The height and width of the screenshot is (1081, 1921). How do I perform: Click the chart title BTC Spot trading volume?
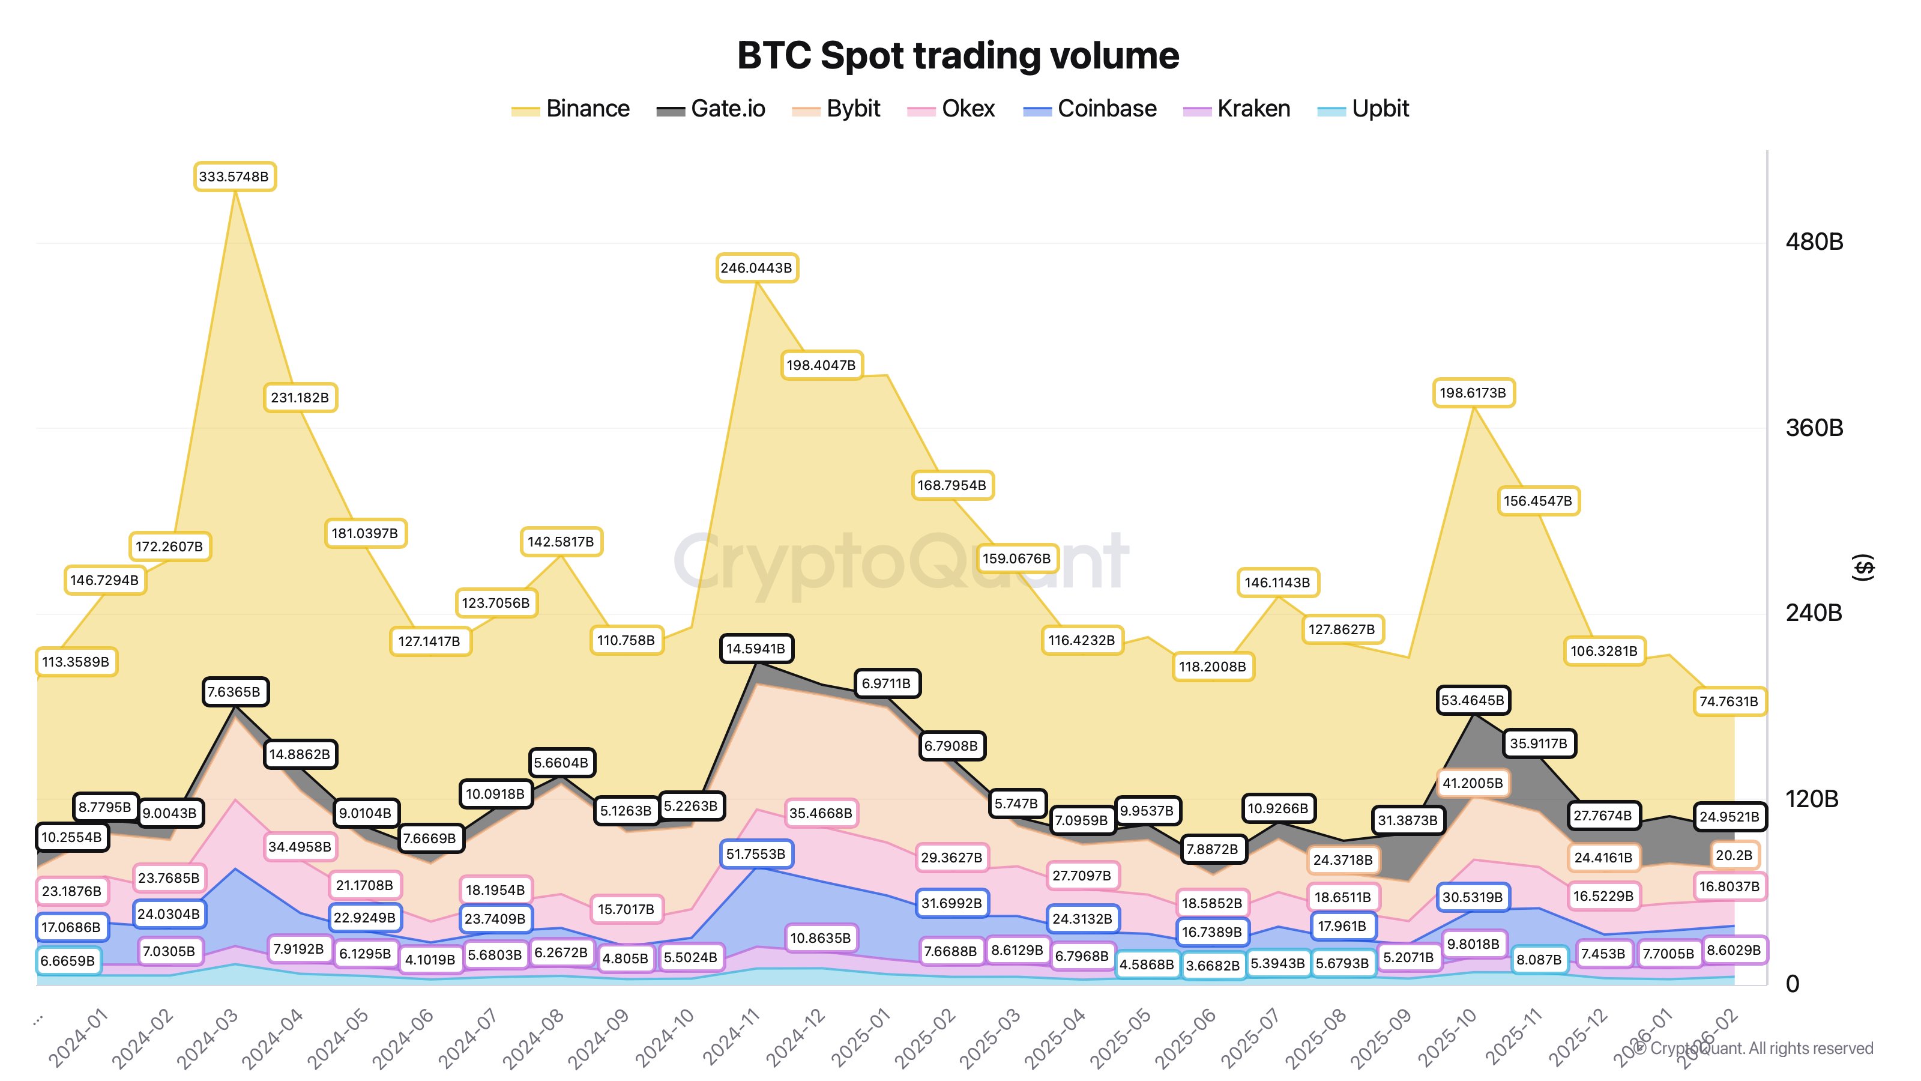pyautogui.click(x=957, y=56)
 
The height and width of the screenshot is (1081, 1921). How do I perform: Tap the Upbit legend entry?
pyautogui.click(x=1363, y=109)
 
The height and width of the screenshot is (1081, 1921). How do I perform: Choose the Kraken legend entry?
pyautogui.click(x=1237, y=109)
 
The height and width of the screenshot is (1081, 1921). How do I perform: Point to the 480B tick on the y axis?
pyautogui.click(x=1814, y=241)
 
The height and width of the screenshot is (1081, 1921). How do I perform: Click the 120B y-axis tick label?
pyautogui.click(x=1812, y=799)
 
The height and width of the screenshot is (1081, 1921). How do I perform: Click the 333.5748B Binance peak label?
pyautogui.click(x=234, y=177)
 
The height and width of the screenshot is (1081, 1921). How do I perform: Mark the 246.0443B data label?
pyautogui.click(x=756, y=268)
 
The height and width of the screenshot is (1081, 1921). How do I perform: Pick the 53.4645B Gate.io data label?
pyautogui.click(x=1473, y=700)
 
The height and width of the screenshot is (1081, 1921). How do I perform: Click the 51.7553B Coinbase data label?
pyautogui.click(x=755, y=853)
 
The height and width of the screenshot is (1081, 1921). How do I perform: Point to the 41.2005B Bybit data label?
pyautogui.click(x=1473, y=783)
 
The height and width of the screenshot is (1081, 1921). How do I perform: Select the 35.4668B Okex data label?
pyautogui.click(x=820, y=813)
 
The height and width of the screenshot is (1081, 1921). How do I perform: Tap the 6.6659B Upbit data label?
pyautogui.click(x=68, y=961)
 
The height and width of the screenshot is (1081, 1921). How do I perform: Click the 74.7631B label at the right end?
pyautogui.click(x=1729, y=701)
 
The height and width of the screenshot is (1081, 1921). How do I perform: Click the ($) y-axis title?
pyautogui.click(x=1863, y=568)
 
